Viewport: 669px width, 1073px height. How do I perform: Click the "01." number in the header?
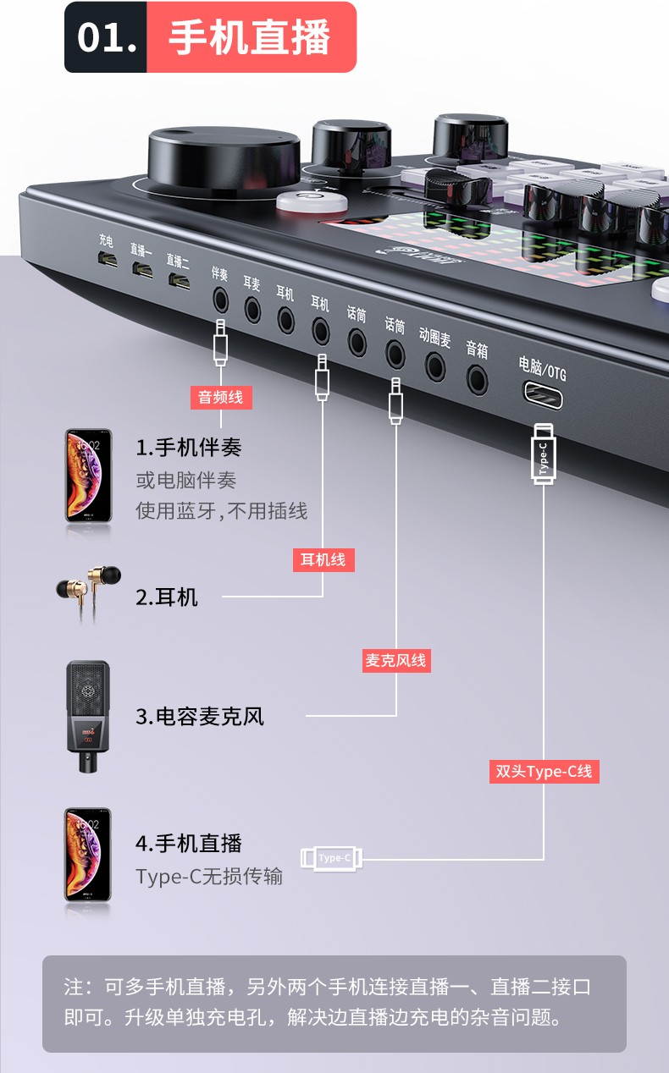pos(107,37)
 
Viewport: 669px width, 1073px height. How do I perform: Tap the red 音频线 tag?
pos(221,397)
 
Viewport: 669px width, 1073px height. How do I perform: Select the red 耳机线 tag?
pos(323,559)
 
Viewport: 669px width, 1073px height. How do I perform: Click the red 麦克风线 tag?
pos(395,661)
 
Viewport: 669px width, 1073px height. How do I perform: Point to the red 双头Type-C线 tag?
pos(544,771)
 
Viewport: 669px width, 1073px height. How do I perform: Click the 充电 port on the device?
pos(108,260)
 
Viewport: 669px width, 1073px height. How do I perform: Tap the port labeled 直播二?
pos(179,281)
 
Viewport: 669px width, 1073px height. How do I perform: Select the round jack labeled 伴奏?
pos(220,300)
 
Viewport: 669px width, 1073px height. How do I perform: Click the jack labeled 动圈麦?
pos(435,367)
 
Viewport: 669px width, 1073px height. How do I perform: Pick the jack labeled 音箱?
pos(478,380)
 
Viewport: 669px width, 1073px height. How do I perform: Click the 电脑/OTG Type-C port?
pos(543,395)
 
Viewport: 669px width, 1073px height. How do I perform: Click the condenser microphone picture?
pos(88,716)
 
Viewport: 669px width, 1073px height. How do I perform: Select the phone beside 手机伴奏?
pos(89,476)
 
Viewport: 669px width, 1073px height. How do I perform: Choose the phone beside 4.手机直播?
pos(88,855)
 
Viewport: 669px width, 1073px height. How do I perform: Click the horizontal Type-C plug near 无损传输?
pos(332,858)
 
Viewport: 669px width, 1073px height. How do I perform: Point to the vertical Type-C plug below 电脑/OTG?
pos(544,454)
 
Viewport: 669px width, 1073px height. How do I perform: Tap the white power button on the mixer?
pos(312,201)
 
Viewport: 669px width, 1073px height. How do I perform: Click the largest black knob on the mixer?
pos(224,161)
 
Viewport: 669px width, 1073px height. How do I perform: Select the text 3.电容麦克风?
pos(199,717)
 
